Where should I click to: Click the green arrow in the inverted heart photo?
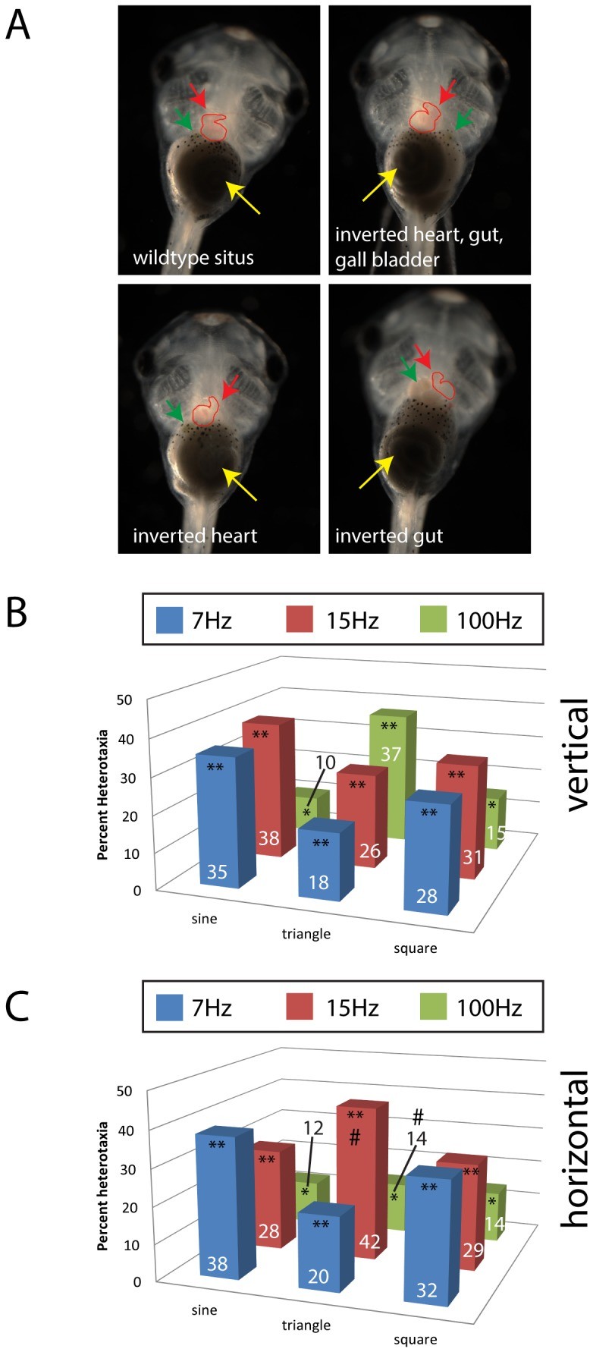[x=174, y=412]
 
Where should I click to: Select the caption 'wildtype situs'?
[x=193, y=258]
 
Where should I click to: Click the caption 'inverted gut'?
[x=389, y=536]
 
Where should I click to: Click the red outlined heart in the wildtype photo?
[x=214, y=127]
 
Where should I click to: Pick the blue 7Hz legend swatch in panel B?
[x=169, y=620]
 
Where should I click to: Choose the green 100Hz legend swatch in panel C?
[x=434, y=1007]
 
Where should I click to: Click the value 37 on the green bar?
[x=391, y=754]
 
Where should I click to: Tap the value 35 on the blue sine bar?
[x=217, y=872]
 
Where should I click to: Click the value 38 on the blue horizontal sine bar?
[x=217, y=1263]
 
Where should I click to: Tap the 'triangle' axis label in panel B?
[x=306, y=934]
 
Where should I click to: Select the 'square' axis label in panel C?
[x=415, y=1339]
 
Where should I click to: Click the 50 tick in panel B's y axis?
[x=124, y=699]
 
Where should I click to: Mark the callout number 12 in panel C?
[x=313, y=1128]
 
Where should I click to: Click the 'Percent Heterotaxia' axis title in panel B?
[x=103, y=794]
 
